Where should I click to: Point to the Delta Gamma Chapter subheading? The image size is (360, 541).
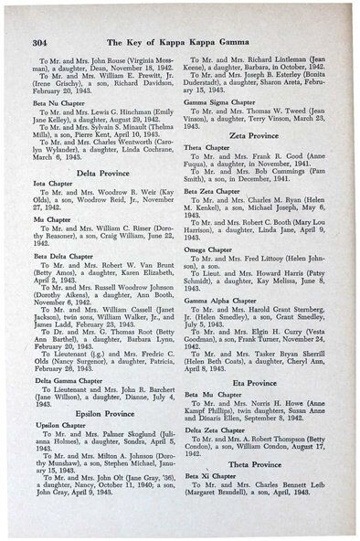tap(65, 354)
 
